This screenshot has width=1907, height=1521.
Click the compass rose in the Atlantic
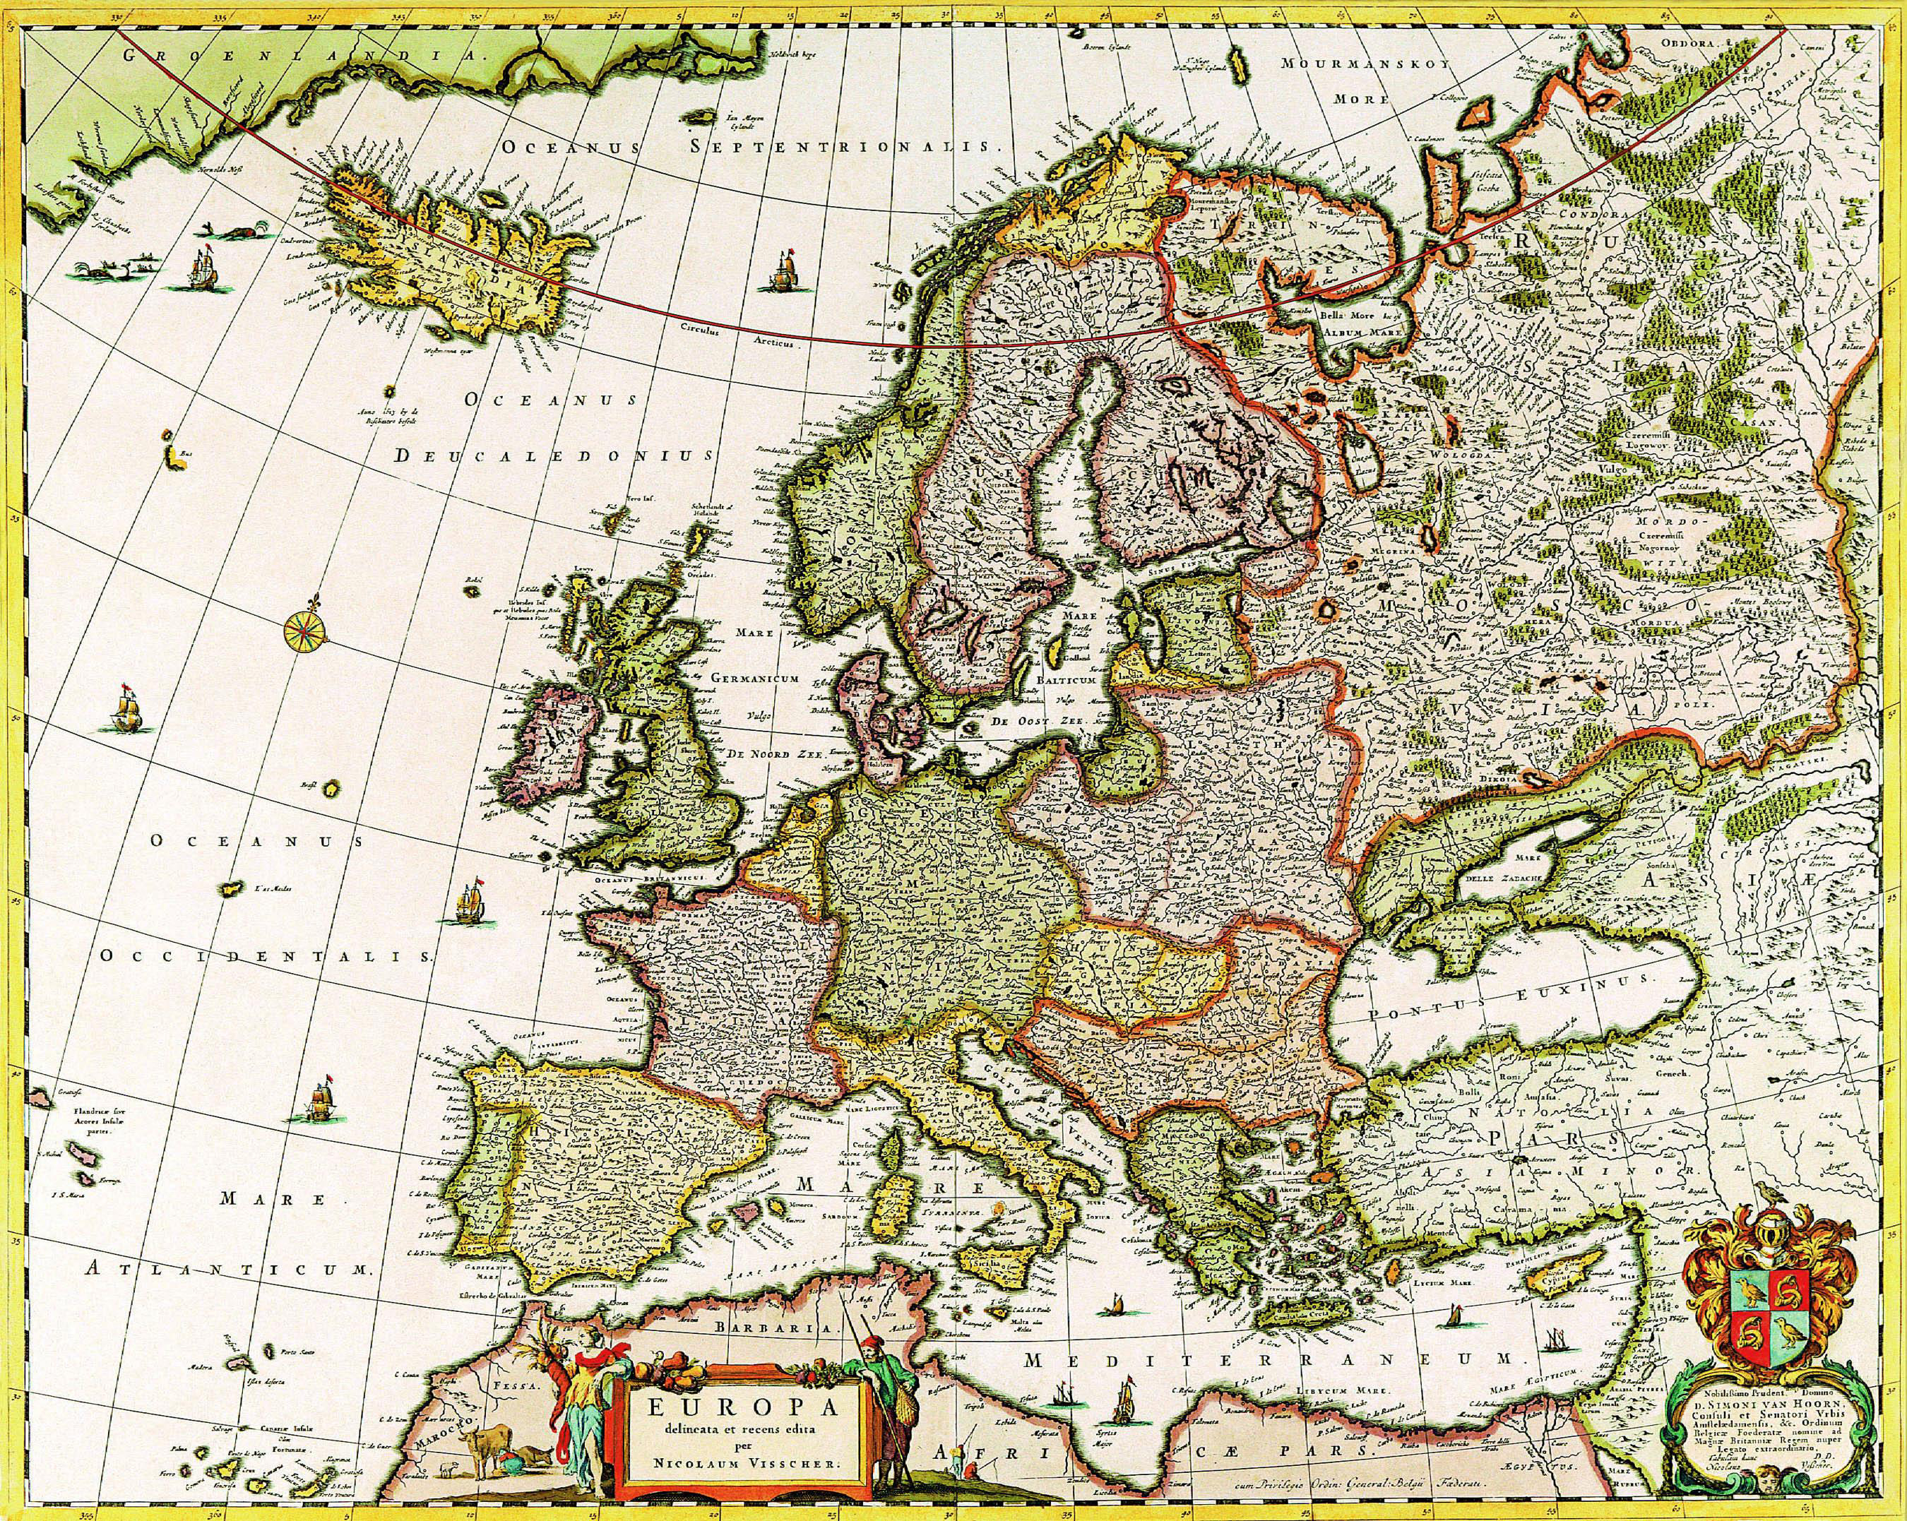[x=304, y=630]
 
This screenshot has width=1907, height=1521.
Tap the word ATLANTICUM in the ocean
[x=225, y=1269]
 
